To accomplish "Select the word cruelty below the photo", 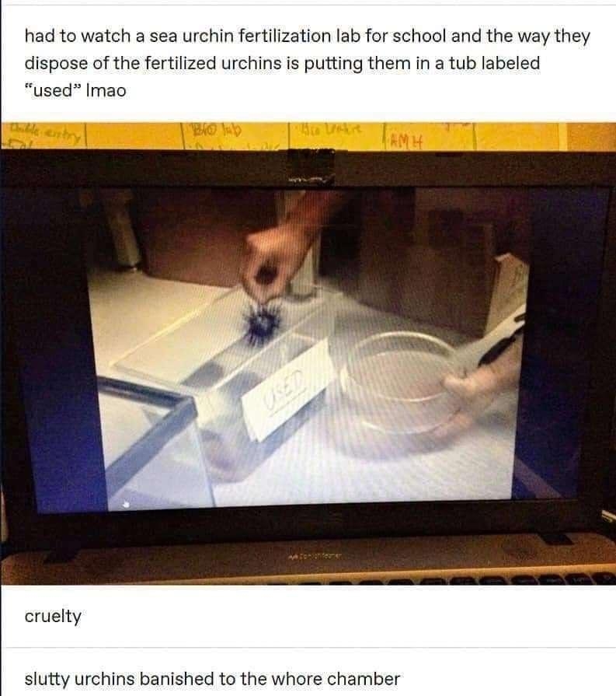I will click(x=52, y=617).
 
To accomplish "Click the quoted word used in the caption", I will click(x=52, y=90).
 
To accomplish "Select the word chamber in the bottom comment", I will click(x=368, y=678).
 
